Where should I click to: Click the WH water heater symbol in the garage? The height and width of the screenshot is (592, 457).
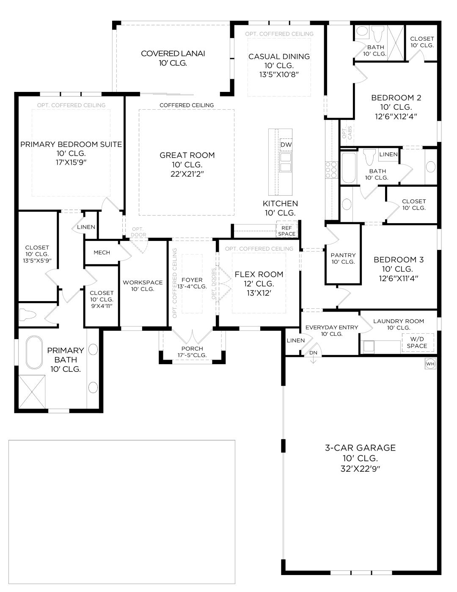point(430,364)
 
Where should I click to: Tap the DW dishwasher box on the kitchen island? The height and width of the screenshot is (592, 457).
point(286,145)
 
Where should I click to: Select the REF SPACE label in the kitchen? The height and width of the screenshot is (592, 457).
point(286,231)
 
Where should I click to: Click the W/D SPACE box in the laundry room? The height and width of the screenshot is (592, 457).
point(417,343)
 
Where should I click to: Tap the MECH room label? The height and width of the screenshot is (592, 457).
point(102,252)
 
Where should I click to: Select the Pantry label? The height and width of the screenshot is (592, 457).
point(343,255)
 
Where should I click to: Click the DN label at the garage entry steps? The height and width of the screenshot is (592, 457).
point(313,353)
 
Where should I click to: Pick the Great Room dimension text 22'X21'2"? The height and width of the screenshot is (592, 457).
point(187,174)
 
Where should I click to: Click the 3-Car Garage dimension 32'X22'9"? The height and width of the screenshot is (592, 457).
point(360,469)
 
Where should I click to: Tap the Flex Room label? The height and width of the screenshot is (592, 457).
point(259,274)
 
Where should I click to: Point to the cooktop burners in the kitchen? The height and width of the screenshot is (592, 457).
point(331,170)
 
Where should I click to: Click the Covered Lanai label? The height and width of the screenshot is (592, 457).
point(173,54)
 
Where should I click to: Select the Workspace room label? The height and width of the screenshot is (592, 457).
point(143,282)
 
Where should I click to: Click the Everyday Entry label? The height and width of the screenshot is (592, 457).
point(331,327)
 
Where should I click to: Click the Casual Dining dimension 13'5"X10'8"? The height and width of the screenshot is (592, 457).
point(279,75)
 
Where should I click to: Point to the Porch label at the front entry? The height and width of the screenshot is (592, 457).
point(192,349)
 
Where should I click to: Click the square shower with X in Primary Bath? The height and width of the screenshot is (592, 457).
point(32,391)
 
